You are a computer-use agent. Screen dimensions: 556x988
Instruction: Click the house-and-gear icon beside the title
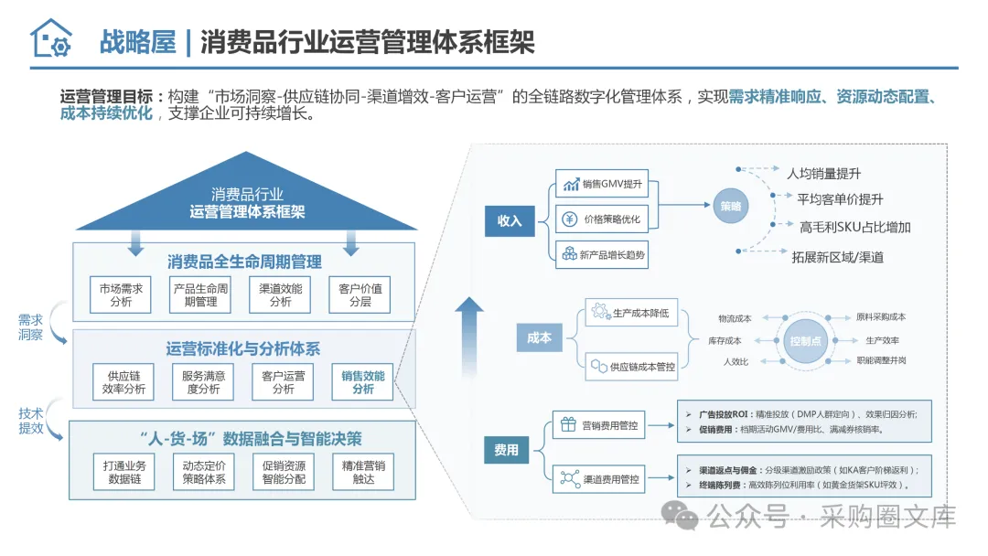tap(50, 38)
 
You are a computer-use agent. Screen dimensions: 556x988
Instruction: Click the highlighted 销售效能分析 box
tap(362, 382)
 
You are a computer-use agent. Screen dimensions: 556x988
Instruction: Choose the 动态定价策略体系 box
tap(203, 472)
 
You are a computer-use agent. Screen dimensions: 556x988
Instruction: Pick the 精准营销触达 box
tap(363, 472)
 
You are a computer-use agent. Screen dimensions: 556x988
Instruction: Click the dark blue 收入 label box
tap(509, 221)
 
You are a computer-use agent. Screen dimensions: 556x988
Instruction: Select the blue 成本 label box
tap(539, 337)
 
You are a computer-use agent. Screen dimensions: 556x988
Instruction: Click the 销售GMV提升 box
tap(601, 184)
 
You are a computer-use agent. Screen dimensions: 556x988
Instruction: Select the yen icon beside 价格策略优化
tap(571, 219)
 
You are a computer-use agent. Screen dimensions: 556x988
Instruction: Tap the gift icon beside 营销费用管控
tap(567, 425)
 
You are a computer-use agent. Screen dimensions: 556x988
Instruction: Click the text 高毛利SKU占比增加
tap(854, 228)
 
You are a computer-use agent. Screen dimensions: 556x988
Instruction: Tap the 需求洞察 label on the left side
tap(30, 327)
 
